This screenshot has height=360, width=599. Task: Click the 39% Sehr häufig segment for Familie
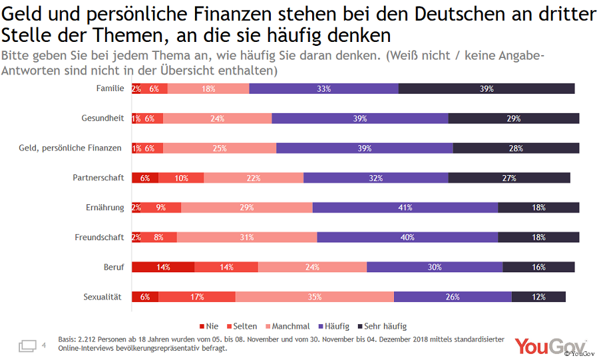point(486,89)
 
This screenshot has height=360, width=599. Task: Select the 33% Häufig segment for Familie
point(323,89)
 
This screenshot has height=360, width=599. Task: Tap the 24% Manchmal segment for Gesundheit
point(217,118)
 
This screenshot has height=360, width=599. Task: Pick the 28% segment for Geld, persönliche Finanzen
point(516,148)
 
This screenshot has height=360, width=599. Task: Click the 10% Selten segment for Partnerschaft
point(181,178)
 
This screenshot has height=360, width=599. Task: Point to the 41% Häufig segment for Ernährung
point(405,208)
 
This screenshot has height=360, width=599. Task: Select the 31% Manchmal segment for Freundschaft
point(247,238)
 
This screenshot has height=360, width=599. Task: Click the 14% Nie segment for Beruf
point(163,267)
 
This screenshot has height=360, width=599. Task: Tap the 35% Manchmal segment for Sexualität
point(315,297)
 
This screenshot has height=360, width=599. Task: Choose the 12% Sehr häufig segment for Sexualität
point(538,297)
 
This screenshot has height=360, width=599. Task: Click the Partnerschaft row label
point(99,178)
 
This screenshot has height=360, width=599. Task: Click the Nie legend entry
point(209,327)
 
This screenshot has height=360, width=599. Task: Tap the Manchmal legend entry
point(286,327)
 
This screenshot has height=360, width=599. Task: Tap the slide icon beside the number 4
point(27,345)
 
